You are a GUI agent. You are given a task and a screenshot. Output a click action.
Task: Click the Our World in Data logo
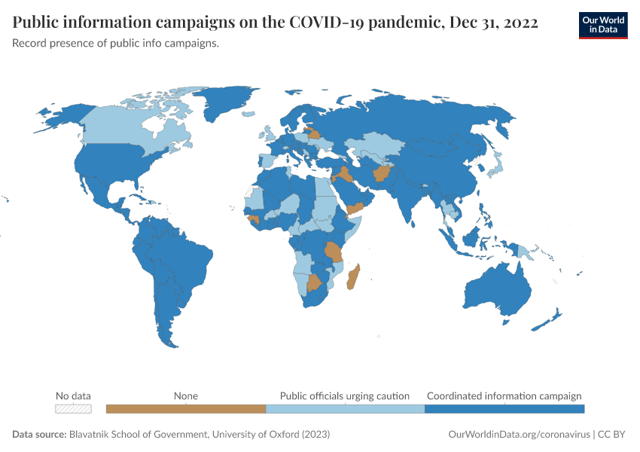point(602,25)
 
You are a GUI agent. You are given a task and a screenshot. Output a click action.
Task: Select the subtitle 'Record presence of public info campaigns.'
point(116,43)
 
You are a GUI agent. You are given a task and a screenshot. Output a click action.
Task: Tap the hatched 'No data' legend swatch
point(74,409)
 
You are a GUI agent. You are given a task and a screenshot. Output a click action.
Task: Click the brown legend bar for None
point(186,409)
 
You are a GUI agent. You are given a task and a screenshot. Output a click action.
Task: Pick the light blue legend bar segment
point(345,409)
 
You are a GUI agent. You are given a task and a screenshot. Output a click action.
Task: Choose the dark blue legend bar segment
point(504,409)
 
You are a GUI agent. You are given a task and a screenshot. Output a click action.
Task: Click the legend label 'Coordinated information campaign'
point(504,395)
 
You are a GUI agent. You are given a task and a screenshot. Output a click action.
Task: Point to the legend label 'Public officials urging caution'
point(345,395)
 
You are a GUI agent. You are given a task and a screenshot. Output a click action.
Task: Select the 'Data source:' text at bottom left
point(39,435)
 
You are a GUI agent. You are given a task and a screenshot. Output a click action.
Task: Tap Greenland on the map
point(226,105)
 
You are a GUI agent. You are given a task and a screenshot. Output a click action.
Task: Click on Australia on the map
point(497,290)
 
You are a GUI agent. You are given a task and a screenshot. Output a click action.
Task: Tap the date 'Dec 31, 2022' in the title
point(493,23)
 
